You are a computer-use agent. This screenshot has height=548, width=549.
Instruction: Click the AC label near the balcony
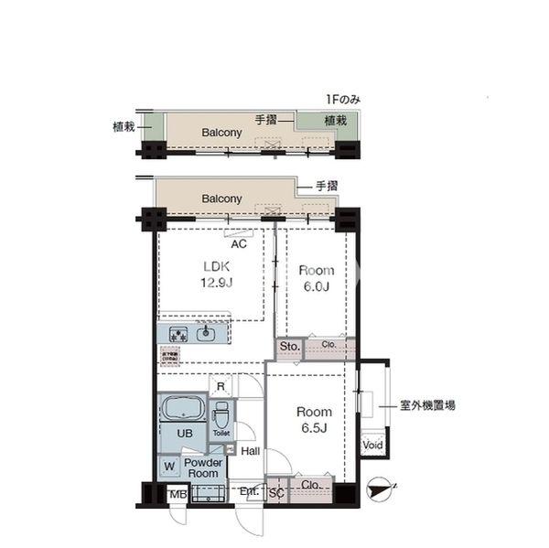pyautogui.click(x=239, y=244)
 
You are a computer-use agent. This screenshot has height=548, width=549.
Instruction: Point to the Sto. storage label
pyautogui.click(x=290, y=347)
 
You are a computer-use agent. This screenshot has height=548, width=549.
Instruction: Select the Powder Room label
pyautogui.click(x=202, y=467)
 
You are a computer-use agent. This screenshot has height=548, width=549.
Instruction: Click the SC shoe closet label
pyautogui.click(x=275, y=493)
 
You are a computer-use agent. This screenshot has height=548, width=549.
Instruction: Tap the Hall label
pyautogui.click(x=251, y=450)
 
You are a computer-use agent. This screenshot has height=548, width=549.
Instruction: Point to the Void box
pyautogui.click(x=372, y=446)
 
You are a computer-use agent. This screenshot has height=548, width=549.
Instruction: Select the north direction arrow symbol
pyautogui.click(x=378, y=490)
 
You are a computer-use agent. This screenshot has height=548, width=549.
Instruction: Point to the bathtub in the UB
pyautogui.click(x=184, y=407)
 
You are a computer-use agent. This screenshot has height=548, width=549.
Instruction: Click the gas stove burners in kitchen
pyautogui.click(x=177, y=334)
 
